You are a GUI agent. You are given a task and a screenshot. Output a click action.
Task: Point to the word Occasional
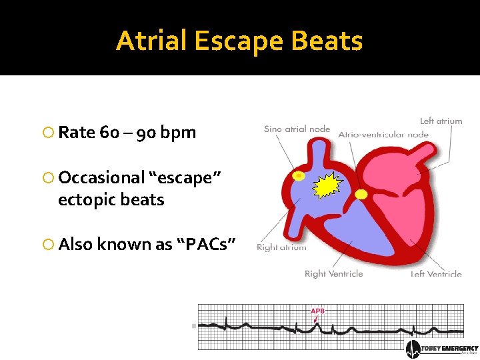(x=101, y=178)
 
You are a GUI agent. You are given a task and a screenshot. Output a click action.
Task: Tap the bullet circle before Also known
(x=47, y=245)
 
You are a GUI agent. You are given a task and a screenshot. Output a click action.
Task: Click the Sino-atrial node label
(x=297, y=129)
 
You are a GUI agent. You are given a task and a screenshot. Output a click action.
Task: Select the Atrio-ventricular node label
(x=383, y=134)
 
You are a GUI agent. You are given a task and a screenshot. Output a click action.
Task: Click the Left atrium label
(x=441, y=121)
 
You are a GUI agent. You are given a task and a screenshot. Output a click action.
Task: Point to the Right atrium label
(x=281, y=247)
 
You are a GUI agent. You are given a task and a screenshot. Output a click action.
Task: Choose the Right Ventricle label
(x=333, y=274)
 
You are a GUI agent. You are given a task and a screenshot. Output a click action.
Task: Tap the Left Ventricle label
(x=436, y=274)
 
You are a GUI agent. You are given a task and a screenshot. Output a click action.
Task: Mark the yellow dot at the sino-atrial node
(x=299, y=176)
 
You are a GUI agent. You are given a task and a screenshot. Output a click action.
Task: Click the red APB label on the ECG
(x=317, y=311)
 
